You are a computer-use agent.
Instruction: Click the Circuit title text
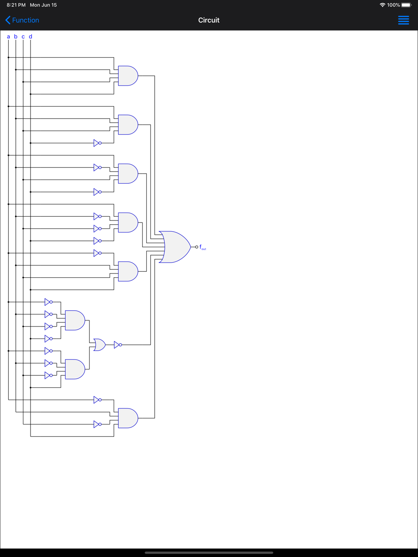[x=209, y=20]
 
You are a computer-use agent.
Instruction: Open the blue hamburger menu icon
[x=403, y=20]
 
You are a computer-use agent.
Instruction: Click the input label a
[x=8, y=37]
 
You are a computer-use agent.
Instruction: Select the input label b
[x=16, y=37]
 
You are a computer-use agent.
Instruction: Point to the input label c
[x=23, y=37]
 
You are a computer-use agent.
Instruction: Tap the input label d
[x=31, y=37]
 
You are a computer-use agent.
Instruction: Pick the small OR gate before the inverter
[x=99, y=345]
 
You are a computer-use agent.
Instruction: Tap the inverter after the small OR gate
[x=117, y=345]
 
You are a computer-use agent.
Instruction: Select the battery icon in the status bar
[x=406, y=5]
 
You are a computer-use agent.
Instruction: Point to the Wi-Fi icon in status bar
[x=382, y=5]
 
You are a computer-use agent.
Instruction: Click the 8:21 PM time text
[x=16, y=5]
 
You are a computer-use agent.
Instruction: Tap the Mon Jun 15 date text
[x=43, y=5]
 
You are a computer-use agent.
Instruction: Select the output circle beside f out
[x=196, y=247]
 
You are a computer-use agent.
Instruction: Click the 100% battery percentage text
[x=393, y=5]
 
